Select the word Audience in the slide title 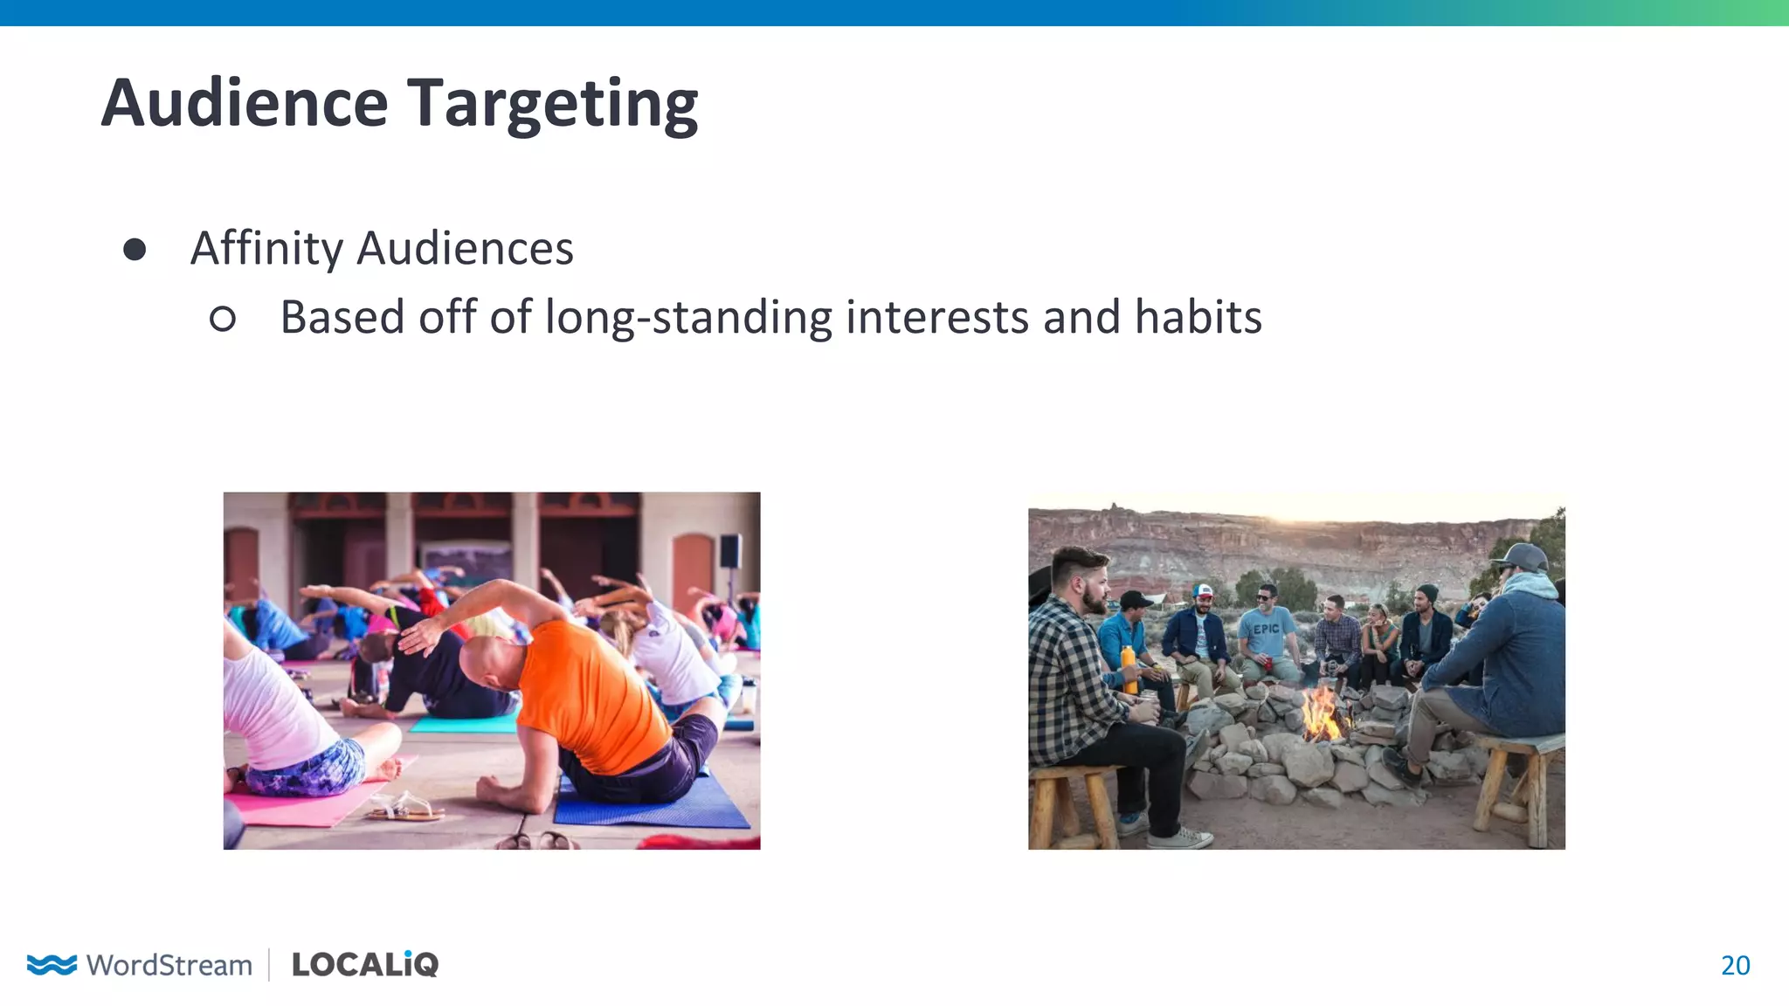(x=244, y=103)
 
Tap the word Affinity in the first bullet (x=266, y=249)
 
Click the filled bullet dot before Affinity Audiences (x=135, y=250)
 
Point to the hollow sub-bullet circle (x=223, y=319)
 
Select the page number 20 (x=1735, y=965)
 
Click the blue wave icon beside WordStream (x=52, y=964)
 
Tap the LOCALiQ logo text (x=365, y=964)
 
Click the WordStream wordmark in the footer (x=169, y=965)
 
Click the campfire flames (x=1321, y=714)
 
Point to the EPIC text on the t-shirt (x=1266, y=629)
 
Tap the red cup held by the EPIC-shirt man (x=1267, y=664)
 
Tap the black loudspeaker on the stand (x=730, y=551)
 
